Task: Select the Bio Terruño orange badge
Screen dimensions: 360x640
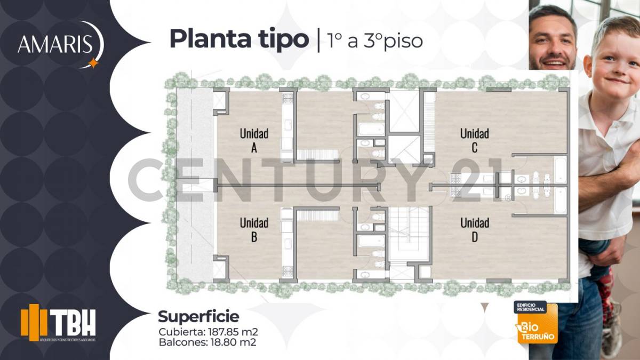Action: coord(535,323)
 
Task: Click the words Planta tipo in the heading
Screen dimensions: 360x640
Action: coord(238,40)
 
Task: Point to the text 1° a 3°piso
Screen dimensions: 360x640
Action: coord(376,41)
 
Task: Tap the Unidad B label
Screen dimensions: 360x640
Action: coord(254,229)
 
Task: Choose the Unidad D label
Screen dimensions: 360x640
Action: coord(475,229)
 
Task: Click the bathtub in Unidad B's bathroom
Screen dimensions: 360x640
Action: coord(369,241)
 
